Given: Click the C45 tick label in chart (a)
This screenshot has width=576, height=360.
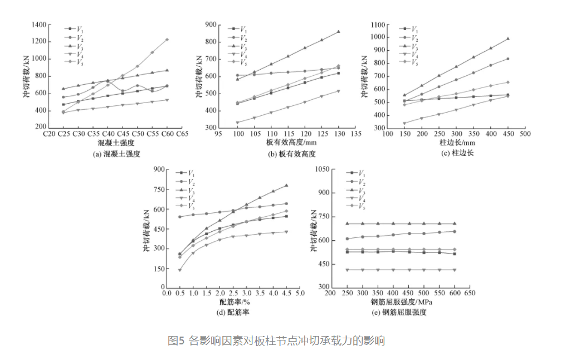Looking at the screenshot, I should pos(123,134).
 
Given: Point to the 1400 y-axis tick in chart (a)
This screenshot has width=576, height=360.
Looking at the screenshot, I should pos(37,25).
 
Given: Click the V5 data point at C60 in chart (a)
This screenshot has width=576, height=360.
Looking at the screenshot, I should pos(167,40).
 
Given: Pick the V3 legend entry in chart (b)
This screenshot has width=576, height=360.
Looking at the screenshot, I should pos(243,46).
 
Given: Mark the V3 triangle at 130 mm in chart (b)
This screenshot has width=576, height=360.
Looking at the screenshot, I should pos(338,32).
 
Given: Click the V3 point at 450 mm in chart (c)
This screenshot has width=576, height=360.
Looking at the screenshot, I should pos(507,39).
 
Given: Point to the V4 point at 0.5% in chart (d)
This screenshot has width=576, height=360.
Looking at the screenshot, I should pos(180,270).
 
